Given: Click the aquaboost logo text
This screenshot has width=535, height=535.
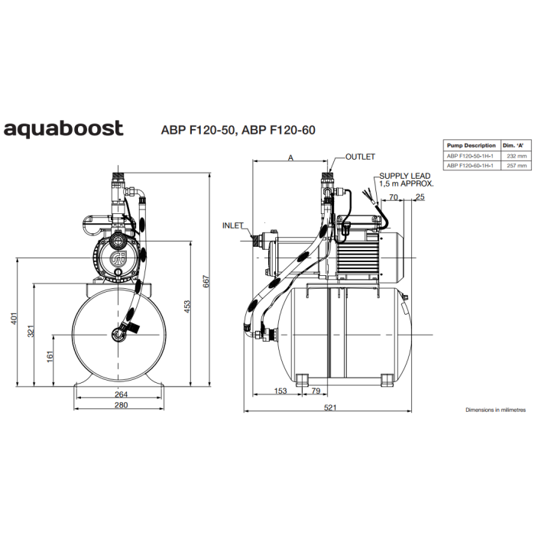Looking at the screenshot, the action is click(x=63, y=128).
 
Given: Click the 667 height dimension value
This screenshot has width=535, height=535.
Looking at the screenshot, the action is click(x=206, y=281).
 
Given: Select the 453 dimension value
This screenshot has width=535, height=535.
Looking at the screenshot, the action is click(x=187, y=306).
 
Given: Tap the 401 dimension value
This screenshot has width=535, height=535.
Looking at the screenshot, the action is click(x=14, y=319).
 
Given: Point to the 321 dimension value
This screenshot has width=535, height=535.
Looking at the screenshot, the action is click(x=31, y=331).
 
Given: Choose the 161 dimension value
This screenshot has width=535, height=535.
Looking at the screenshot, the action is click(x=50, y=357).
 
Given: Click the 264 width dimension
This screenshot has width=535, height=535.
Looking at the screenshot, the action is click(x=121, y=394).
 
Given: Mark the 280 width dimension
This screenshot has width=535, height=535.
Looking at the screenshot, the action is click(x=121, y=405).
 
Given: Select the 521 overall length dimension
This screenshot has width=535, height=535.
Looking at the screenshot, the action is click(x=330, y=407).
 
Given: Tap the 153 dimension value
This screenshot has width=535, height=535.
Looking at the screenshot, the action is click(x=280, y=391).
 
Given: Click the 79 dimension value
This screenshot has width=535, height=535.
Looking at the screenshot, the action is click(x=316, y=391).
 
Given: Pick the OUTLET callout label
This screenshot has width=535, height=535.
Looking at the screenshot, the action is click(x=360, y=157).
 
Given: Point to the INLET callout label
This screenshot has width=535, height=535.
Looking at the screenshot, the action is click(x=232, y=226).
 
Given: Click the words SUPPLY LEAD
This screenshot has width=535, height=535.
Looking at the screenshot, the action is click(x=404, y=176).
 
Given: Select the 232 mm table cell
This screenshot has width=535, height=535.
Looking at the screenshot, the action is click(x=517, y=156).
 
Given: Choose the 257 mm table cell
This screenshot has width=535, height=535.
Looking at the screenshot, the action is click(x=517, y=166).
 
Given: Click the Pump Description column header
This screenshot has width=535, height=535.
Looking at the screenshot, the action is click(x=472, y=146).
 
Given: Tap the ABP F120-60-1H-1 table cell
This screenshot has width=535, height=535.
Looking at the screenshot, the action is click(x=470, y=166).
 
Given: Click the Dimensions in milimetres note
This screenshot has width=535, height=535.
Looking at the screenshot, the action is click(x=495, y=410).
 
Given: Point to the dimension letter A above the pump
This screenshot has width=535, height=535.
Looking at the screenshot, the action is click(x=290, y=158).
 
